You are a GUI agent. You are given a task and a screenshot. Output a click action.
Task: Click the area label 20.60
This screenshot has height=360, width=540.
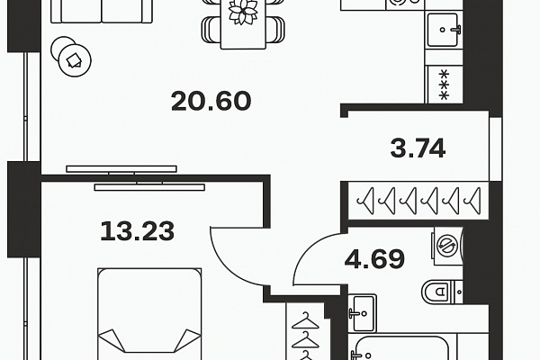coord(211,101)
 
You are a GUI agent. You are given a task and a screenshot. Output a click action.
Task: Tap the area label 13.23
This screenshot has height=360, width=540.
coord(138,231)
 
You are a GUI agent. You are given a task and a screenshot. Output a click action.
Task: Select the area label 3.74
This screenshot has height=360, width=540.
coord(418,148)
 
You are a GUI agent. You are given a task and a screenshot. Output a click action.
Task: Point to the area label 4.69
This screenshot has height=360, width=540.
coord(374,258)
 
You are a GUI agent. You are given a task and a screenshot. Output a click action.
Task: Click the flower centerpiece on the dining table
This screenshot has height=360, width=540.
coord(243,12)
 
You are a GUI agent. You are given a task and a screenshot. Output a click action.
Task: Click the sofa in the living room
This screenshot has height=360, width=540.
coord(102,12)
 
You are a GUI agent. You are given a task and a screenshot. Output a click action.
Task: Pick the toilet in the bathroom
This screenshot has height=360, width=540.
coord(442,292)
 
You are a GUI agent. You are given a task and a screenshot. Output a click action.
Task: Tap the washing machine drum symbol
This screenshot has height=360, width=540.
coord(445,246)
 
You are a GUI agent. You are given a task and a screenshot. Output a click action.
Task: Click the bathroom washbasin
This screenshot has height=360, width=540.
coord(362,313)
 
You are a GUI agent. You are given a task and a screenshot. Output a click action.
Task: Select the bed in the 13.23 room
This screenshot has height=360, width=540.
coord(149,314)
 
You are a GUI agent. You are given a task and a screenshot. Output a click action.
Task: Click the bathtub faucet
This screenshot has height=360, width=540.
coord(358,355)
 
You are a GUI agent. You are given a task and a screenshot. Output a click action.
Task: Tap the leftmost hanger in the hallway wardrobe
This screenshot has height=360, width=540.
coord(365,201)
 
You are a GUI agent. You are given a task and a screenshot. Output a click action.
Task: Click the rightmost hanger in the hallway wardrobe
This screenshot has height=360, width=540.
coord(472,201)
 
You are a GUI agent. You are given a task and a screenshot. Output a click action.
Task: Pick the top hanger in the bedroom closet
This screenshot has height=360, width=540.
coord(305,320)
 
